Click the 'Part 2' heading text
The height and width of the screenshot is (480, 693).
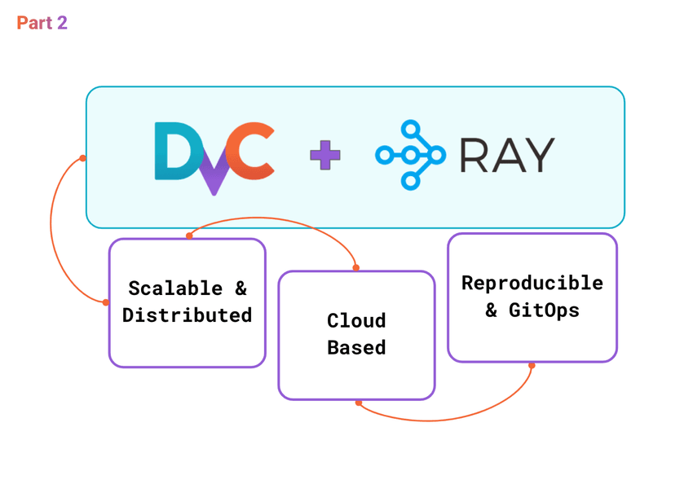pos(42,23)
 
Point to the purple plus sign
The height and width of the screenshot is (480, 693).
pos(325,155)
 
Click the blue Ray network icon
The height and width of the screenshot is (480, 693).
pos(410,155)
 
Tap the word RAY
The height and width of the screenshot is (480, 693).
pos(506,155)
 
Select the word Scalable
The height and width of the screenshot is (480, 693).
pos(175,288)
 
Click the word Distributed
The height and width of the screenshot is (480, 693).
pos(187,315)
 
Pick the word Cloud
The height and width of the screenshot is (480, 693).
pos(356,320)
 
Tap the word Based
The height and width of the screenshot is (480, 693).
pos(356,347)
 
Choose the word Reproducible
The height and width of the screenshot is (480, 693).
pos(532,283)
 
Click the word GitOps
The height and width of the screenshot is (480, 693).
pos(544,310)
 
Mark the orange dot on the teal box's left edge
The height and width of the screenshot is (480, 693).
pos(83,158)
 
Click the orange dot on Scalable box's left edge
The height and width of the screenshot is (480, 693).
pos(106,302)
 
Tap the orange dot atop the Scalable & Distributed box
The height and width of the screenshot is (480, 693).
pos(189,236)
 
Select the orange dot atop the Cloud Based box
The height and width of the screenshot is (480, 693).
pos(356,267)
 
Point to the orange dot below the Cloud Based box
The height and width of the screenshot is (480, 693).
pos(359,403)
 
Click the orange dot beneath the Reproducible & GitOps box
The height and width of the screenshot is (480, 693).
pos(532,365)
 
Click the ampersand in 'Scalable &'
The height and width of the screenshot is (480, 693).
pos(241,288)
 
